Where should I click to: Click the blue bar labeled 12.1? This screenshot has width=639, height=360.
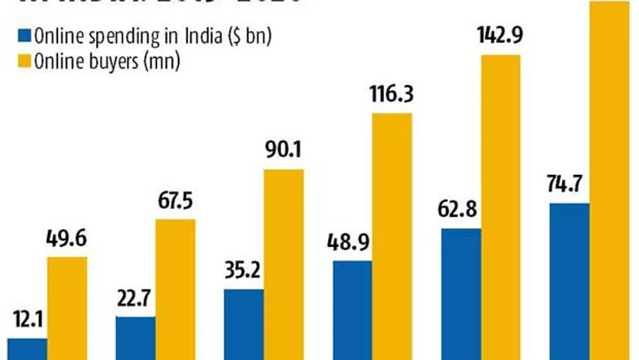pyautogui.click(x=27, y=348)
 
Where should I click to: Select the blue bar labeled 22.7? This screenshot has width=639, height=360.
pyautogui.click(x=135, y=338)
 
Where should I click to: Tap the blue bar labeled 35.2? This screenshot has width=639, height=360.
pyautogui.click(x=244, y=324)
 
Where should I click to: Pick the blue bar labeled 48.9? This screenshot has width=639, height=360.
pyautogui.click(x=352, y=310)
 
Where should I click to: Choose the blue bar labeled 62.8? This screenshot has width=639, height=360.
pyautogui.click(x=461, y=294)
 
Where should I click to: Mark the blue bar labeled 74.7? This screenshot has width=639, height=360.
pyautogui.click(x=569, y=281)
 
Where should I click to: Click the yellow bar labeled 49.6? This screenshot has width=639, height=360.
pyautogui.click(x=67, y=308)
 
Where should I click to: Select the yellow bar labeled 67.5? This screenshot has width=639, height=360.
pyautogui.click(x=176, y=290)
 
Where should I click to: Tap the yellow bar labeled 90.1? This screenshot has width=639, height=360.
pyautogui.click(x=284, y=264)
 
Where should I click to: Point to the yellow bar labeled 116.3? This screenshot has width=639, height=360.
pyautogui.click(x=392, y=236)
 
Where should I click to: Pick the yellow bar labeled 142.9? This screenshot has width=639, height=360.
pyautogui.click(x=501, y=207)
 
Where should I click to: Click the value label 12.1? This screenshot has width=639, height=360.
pyautogui.click(x=27, y=320)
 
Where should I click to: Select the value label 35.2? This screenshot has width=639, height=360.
pyautogui.click(x=243, y=273)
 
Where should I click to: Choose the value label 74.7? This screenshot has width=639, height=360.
pyautogui.click(x=568, y=186)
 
